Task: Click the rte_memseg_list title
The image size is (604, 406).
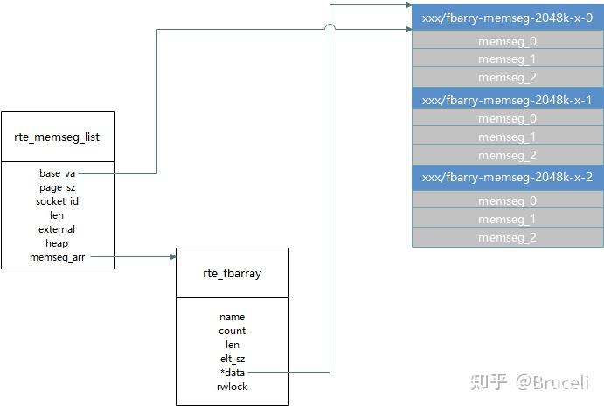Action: pos(57,136)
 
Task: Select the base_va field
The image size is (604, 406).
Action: pos(57,173)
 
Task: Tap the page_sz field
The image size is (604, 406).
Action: pos(57,187)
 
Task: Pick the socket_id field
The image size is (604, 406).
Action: pos(57,201)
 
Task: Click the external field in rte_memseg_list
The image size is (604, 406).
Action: pos(57,229)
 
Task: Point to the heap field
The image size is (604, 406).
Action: pos(57,243)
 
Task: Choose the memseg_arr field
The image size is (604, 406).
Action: pos(57,257)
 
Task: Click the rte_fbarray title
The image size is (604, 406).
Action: pos(232,273)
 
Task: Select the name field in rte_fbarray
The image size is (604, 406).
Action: pos(232,317)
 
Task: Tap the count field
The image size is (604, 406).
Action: pos(232,331)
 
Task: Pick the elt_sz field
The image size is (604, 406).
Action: pos(233,359)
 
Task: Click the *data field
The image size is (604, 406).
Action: pos(233,373)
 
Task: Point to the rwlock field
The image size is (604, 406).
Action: pos(232,387)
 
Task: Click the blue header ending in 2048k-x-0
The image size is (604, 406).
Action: pos(507,17)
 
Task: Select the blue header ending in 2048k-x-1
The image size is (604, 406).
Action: pos(507,100)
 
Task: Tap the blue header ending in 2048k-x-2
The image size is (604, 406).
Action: pos(507,177)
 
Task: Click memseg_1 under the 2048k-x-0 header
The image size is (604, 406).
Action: pos(507,59)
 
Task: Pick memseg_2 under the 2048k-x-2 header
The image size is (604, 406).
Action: pos(507,237)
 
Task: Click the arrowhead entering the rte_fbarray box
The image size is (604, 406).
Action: pos(173,256)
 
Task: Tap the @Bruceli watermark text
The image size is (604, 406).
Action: pos(552,382)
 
